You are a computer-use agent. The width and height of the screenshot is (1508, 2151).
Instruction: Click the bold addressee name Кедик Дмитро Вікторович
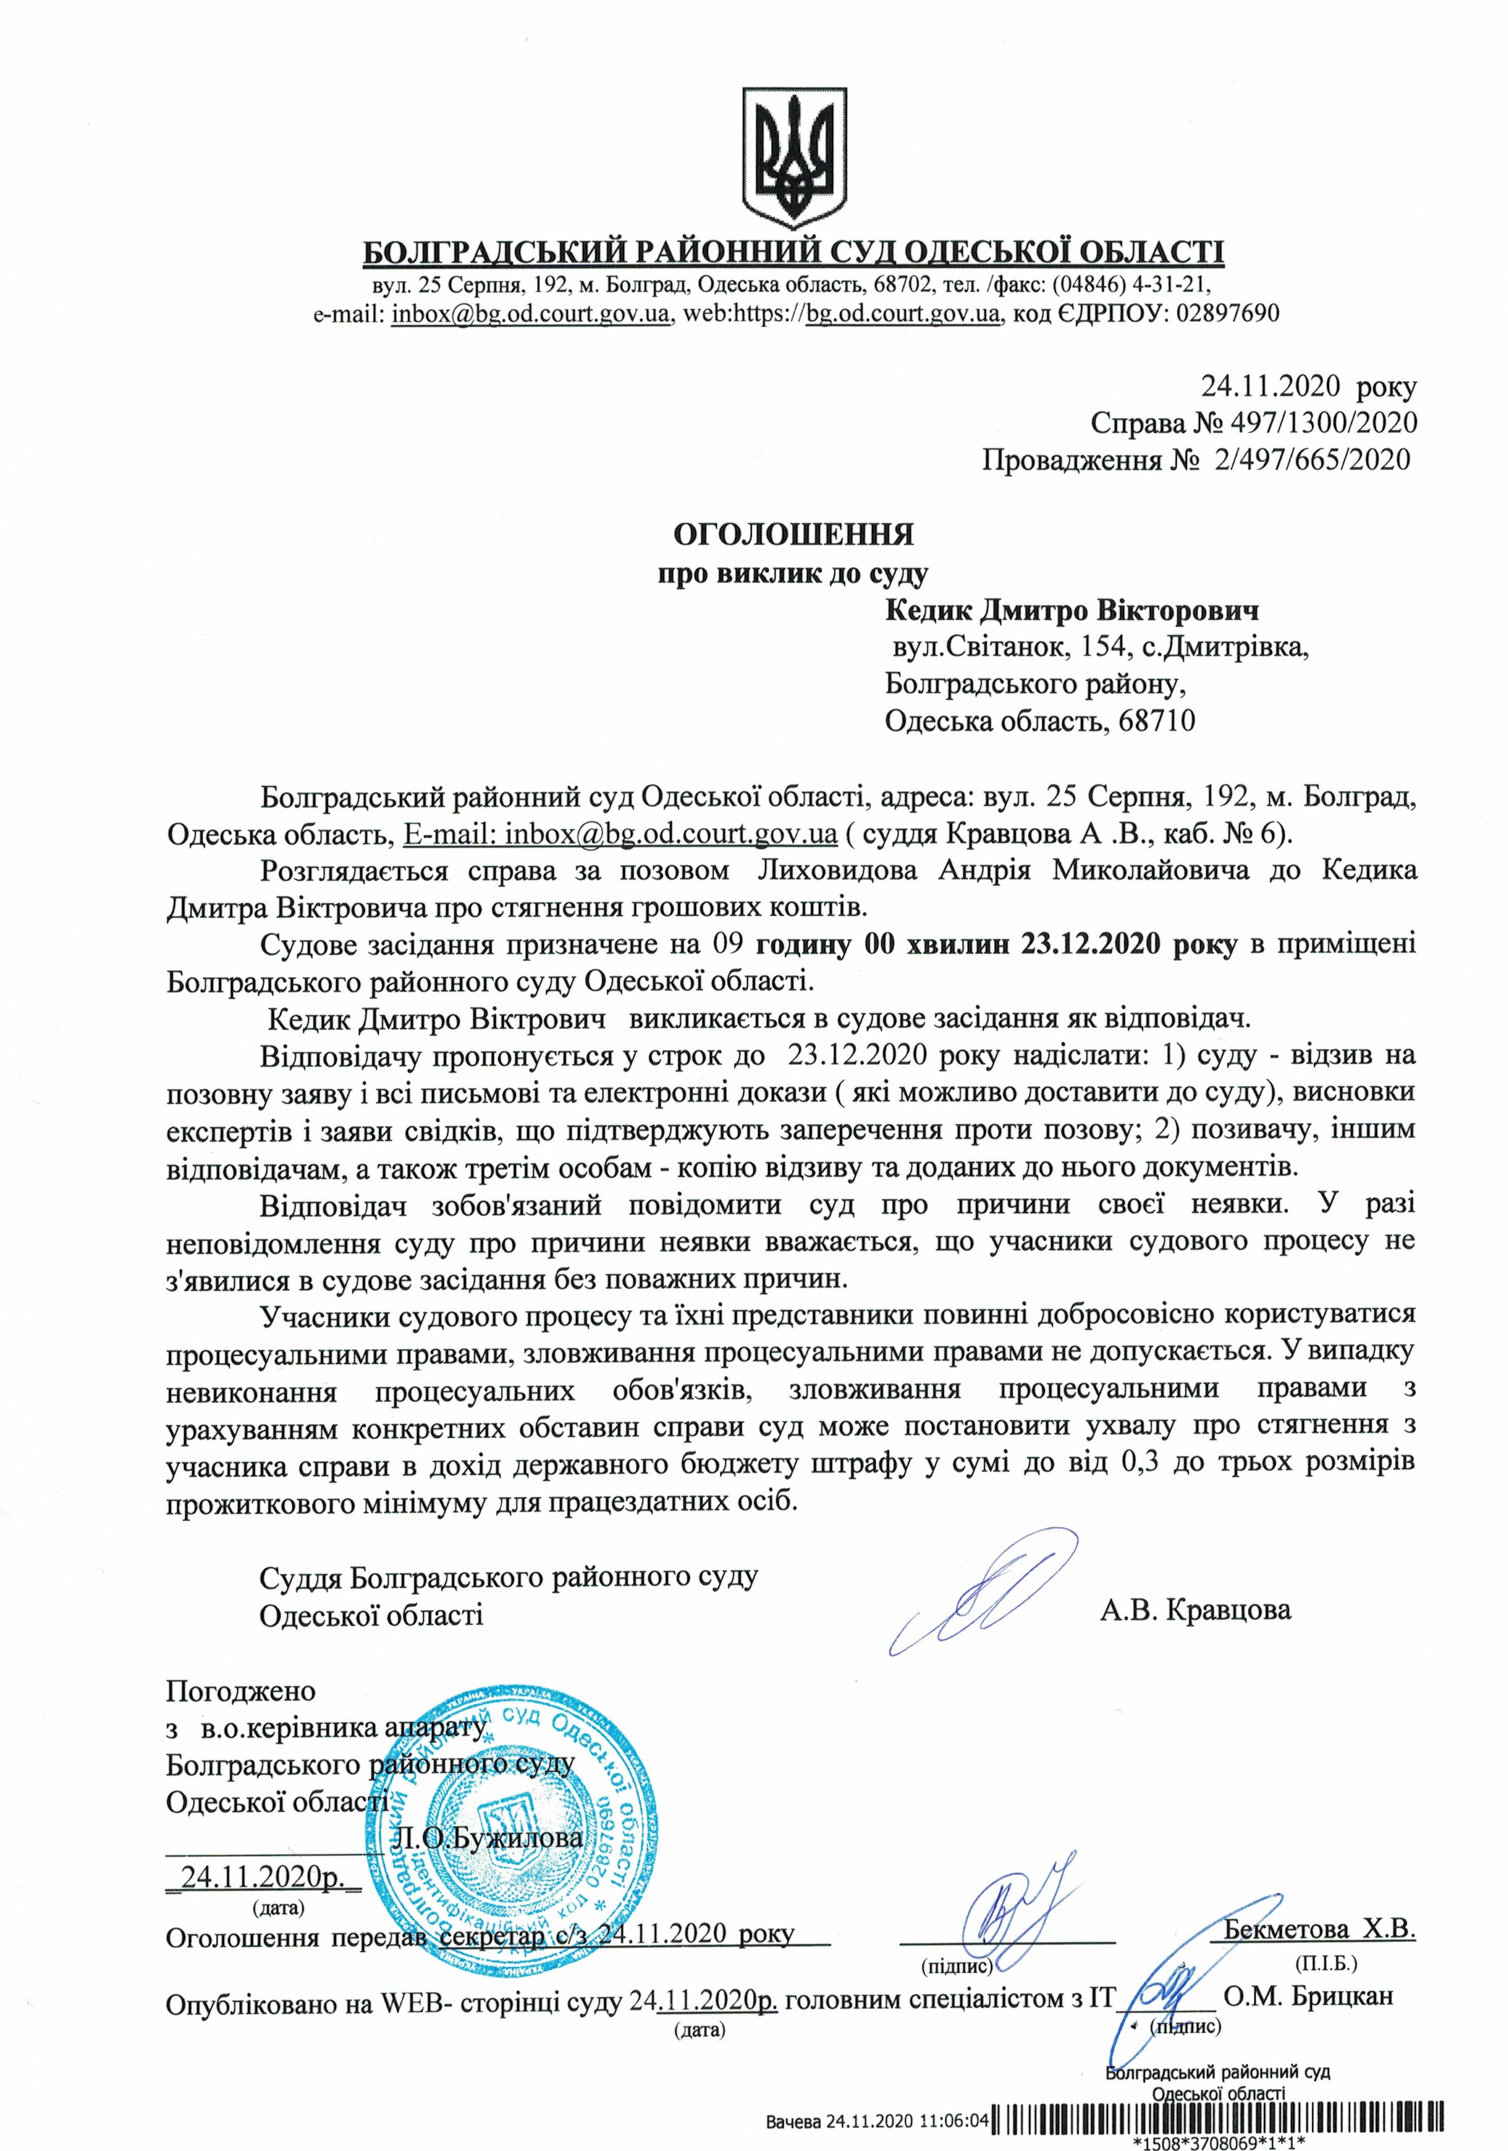point(1072,612)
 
